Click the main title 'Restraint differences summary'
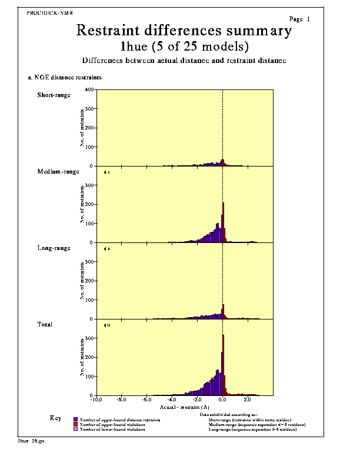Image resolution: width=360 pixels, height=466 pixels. [184, 31]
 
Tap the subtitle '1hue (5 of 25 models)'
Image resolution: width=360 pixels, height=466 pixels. [184, 46]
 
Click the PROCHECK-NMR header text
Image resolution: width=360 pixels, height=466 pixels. [49, 12]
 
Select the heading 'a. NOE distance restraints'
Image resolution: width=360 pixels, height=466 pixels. [65, 77]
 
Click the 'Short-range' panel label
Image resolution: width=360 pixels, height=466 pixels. [54, 95]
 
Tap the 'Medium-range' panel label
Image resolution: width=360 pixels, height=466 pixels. [58, 171]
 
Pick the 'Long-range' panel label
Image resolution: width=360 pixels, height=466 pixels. [54, 248]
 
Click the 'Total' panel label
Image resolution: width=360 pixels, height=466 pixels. [45, 324]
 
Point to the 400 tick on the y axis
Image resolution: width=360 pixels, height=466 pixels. [89, 90]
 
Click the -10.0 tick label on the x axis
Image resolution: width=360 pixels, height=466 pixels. [96, 400]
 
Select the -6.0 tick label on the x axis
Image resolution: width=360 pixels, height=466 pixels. [147, 400]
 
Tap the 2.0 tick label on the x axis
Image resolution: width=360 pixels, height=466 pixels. [248, 400]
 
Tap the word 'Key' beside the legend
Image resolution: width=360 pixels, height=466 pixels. [55, 418]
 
